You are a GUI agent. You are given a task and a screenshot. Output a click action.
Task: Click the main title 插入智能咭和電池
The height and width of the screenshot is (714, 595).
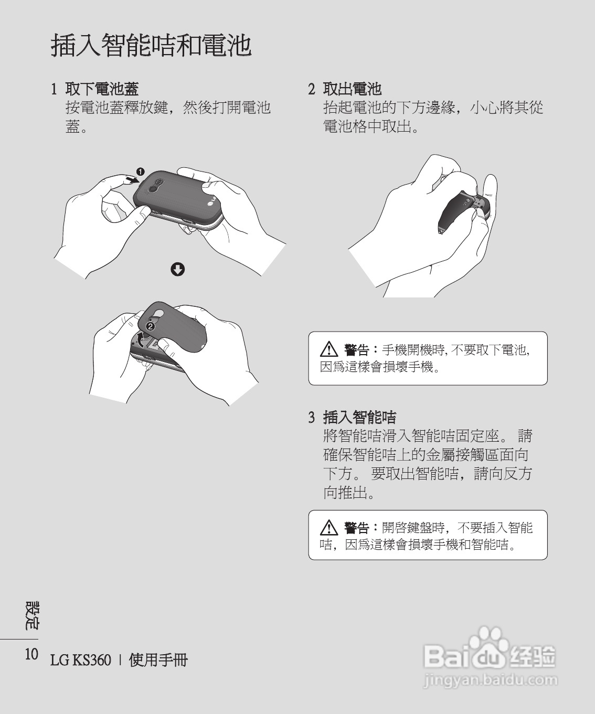click(x=151, y=46)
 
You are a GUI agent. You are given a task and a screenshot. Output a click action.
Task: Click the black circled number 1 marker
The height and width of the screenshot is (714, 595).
click(x=140, y=171)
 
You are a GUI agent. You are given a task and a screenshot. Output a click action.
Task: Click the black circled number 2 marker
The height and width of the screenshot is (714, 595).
click(x=150, y=326)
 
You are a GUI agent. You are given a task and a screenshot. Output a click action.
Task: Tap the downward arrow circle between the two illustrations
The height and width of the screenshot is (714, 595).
click(x=178, y=270)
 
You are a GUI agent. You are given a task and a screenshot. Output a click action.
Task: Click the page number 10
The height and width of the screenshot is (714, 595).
click(x=31, y=654)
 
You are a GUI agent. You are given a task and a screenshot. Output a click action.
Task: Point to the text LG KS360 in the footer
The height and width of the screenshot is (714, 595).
click(x=81, y=659)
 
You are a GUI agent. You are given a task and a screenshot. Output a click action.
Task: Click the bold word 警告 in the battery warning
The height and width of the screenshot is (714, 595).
click(x=356, y=349)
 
